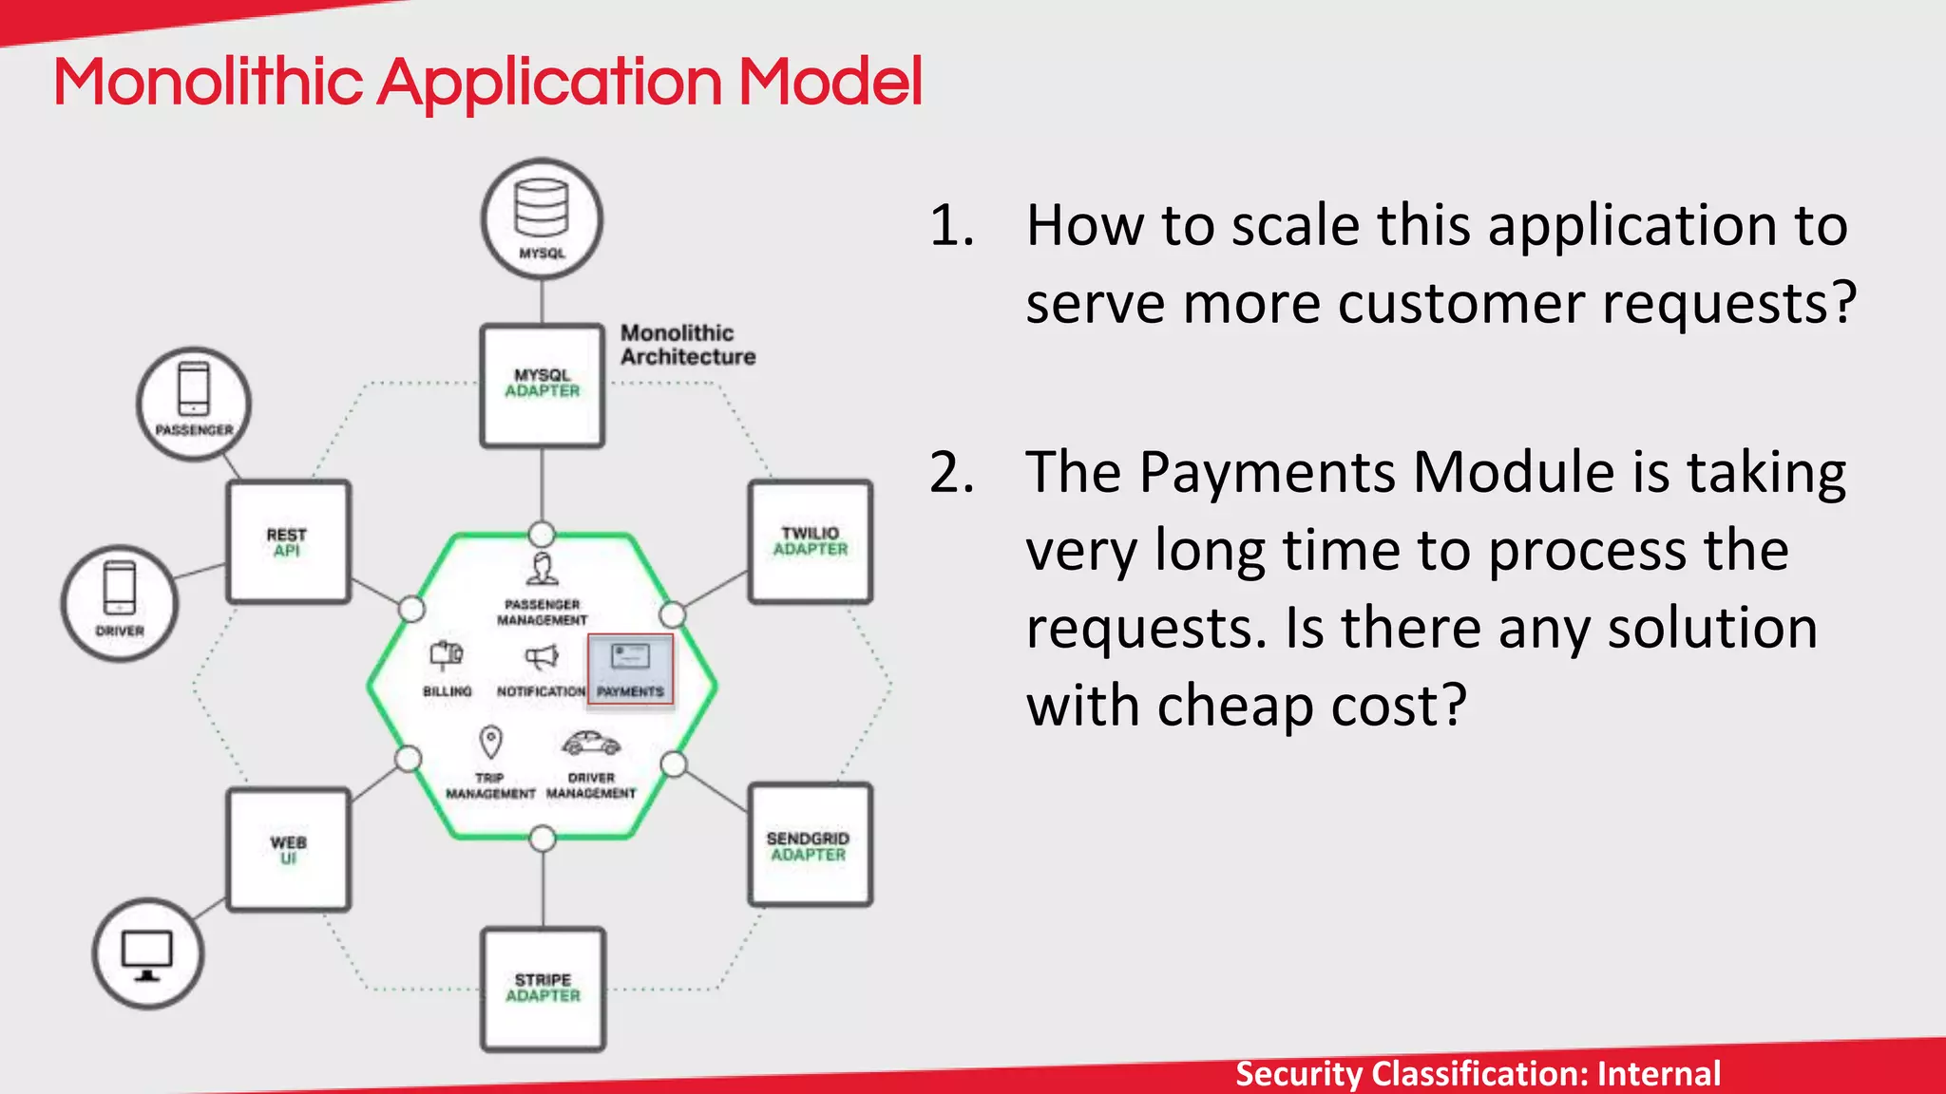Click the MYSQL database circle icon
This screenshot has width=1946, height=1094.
point(542,219)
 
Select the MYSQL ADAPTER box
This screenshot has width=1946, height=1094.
point(543,385)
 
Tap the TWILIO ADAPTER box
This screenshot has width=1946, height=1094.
point(810,542)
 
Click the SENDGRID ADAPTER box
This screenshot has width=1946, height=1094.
point(810,845)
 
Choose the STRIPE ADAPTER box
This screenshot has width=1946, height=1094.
point(543,989)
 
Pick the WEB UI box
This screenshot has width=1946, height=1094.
point(288,850)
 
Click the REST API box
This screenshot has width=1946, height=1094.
point(288,542)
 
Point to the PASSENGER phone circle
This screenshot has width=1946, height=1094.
point(194,404)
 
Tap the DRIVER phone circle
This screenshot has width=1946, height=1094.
point(120,602)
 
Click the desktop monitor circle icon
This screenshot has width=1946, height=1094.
point(148,953)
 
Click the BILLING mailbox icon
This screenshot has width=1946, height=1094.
point(447,655)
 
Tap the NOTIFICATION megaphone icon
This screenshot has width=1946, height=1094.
point(542,657)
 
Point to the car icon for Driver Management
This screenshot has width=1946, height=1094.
point(590,743)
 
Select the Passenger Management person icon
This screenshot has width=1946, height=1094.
point(543,569)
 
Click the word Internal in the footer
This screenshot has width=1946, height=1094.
point(1658,1073)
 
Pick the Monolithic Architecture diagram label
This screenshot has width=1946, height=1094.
point(687,345)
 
